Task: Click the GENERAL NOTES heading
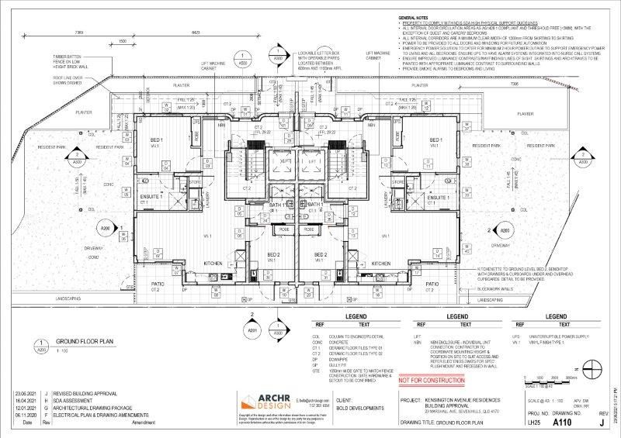pyautogui.click(x=413, y=16)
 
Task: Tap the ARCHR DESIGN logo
pyautogui.click(x=267, y=401)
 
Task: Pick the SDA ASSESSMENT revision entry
pyautogui.click(x=82, y=401)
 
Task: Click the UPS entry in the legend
pyautogui.click(x=515, y=336)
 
